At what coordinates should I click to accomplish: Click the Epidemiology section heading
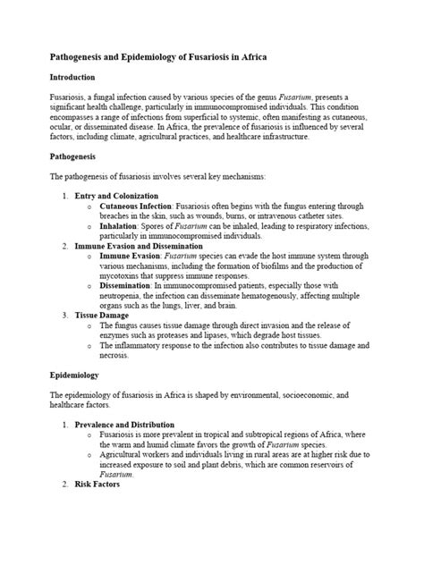coord(74,375)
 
